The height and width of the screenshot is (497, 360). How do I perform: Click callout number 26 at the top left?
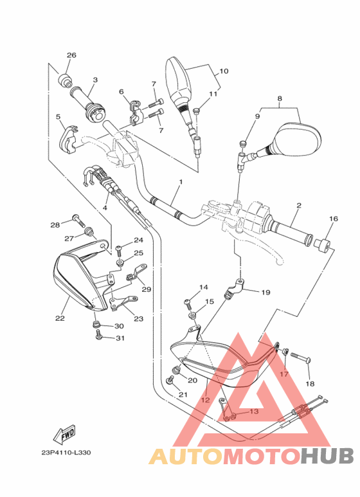[71, 55]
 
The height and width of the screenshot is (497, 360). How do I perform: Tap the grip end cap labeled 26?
[66, 80]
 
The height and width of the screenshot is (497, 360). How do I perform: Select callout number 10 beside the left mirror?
[224, 71]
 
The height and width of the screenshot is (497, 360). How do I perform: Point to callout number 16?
[333, 219]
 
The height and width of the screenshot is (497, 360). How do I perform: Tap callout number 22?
[60, 318]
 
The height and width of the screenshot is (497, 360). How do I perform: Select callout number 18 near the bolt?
[310, 384]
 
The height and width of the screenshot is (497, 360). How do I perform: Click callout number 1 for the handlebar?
[181, 183]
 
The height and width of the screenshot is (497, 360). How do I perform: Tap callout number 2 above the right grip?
[299, 206]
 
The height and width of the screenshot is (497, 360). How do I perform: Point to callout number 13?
[253, 412]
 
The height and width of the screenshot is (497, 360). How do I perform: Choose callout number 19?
[265, 292]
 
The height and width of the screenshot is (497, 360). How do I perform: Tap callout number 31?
[120, 339]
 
